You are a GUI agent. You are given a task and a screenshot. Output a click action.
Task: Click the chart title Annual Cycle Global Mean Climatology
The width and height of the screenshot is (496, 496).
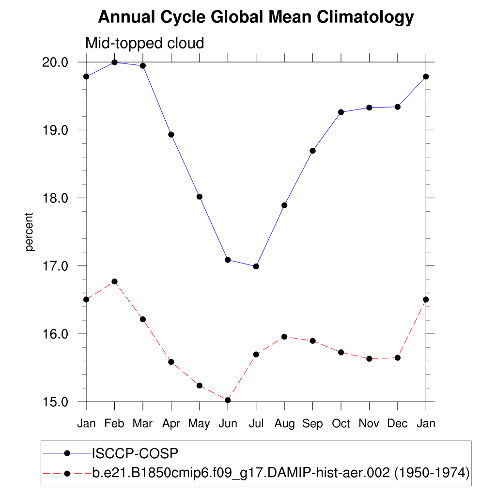pos(256,17)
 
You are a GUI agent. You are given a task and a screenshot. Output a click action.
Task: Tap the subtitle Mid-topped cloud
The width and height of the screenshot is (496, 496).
pos(144,43)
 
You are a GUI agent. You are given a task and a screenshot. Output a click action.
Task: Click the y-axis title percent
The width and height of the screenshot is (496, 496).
pos(30,232)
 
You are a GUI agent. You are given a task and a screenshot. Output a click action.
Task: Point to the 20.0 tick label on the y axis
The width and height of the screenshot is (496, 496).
pos(57,62)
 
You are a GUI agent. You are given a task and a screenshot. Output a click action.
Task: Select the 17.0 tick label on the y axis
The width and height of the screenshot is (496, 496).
pos(57,266)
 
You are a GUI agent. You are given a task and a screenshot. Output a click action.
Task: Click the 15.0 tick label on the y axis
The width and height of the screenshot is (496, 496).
pos(57,402)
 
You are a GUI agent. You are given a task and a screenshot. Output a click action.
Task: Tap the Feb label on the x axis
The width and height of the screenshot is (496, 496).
pos(114,424)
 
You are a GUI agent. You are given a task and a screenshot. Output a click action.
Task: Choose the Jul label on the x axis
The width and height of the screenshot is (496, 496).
pos(256,424)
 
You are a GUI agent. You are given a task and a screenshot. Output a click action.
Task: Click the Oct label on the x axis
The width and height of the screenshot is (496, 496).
pos(341,424)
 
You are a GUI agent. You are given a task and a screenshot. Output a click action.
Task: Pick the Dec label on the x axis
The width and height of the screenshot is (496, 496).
pos(397,424)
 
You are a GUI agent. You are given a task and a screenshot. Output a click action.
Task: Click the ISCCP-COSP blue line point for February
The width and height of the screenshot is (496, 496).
pos(114,62)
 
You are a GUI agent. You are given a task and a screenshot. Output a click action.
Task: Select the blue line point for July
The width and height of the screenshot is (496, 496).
pos(256,266)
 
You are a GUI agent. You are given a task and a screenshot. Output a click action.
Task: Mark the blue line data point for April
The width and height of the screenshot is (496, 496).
pos(171,134)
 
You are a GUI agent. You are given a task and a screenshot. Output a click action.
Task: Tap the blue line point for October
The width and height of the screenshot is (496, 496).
pos(341,112)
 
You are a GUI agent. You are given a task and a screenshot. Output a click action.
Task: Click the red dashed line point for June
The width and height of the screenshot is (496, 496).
pos(228,400)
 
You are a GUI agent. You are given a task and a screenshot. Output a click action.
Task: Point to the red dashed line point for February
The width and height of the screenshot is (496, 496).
pos(114,281)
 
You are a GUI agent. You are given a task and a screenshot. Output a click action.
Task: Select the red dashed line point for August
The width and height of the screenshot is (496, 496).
pos(284,337)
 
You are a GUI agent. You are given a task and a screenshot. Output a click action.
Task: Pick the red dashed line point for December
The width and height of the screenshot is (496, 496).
pos(397,357)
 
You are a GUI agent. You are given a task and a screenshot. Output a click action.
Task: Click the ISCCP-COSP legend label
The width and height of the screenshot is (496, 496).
pos(135,453)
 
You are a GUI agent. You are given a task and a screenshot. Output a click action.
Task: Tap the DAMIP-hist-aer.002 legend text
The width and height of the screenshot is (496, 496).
pos(280,473)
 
